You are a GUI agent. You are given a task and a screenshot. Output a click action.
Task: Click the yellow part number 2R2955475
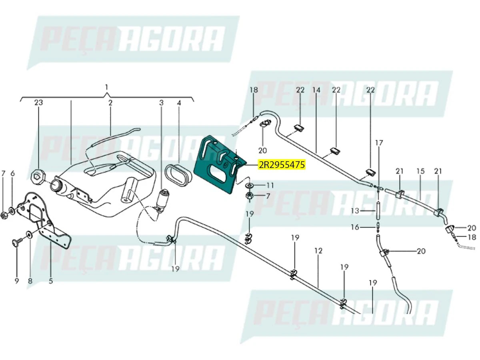[x=282, y=164]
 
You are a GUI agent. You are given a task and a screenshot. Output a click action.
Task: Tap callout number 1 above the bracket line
[x=106, y=87]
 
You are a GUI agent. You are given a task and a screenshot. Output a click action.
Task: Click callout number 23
[x=38, y=103]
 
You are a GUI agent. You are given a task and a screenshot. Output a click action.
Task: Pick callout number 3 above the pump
[x=162, y=103]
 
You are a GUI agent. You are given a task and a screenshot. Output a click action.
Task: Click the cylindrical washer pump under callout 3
[x=163, y=198]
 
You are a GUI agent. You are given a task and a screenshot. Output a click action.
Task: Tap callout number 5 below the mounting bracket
[x=51, y=281]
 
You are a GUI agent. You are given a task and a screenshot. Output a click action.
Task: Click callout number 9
[x=17, y=281]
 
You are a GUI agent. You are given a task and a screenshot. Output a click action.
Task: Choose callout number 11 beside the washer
[x=270, y=186]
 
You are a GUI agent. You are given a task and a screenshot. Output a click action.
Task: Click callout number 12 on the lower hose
[x=318, y=251]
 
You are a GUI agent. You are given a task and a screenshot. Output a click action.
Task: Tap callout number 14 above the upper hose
[x=316, y=90]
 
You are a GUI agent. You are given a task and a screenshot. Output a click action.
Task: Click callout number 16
[x=355, y=227]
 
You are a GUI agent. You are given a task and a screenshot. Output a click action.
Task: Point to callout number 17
[x=379, y=142]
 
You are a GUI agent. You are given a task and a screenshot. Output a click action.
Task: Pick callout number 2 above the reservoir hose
[x=110, y=103]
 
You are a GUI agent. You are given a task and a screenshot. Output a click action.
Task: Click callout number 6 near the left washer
[x=12, y=173]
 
